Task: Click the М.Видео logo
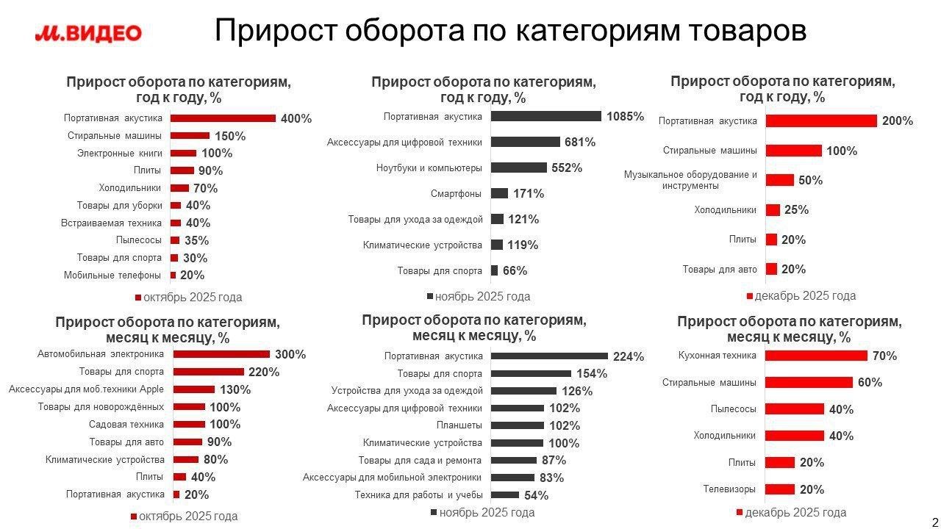[88, 33]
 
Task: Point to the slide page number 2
[934, 522]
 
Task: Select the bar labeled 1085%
[545, 116]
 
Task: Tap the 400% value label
[296, 118]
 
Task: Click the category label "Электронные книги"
[119, 153]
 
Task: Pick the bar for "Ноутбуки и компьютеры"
[518, 168]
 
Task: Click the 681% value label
[579, 142]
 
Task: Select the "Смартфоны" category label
[457, 193]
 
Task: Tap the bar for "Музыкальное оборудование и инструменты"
[779, 180]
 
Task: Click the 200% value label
[897, 121]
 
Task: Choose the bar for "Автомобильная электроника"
[221, 354]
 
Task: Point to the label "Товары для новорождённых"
[101, 406]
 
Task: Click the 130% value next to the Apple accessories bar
[235, 389]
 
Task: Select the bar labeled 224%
[549, 356]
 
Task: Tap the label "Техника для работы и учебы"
[418, 494]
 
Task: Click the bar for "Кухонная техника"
[816, 356]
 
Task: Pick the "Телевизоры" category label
[729, 489]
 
